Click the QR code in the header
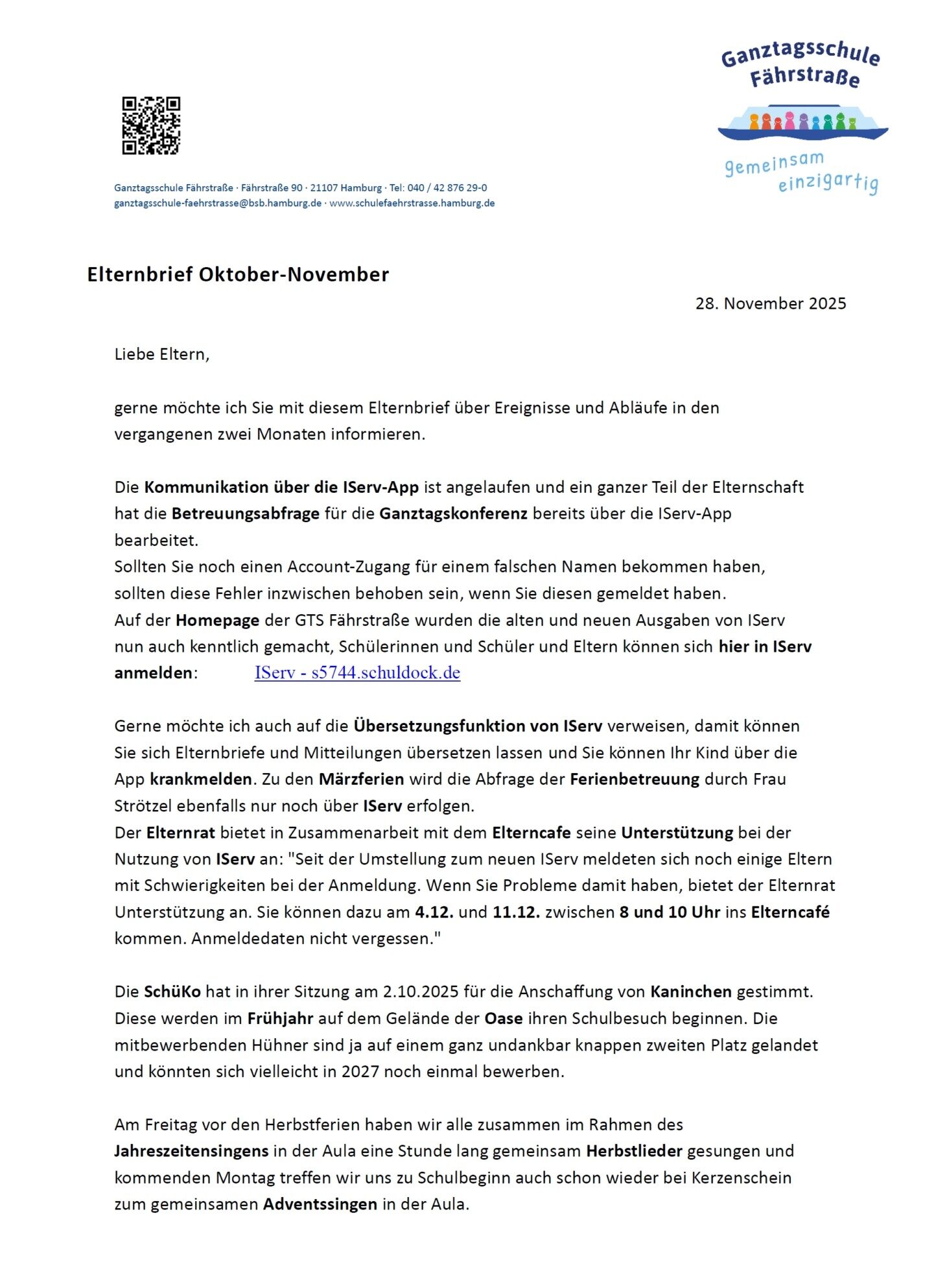click(x=151, y=126)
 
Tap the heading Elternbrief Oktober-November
click(x=238, y=274)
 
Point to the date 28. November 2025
click(x=770, y=303)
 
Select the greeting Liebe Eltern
click(x=161, y=354)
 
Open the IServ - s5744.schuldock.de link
click(x=357, y=672)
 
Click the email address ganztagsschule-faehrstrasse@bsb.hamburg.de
click(x=218, y=203)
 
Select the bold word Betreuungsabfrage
click(x=245, y=514)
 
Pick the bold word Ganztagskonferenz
click(x=453, y=514)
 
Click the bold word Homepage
click(x=217, y=620)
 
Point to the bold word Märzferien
click(x=361, y=779)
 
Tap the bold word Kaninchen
click(x=690, y=992)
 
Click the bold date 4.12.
click(x=434, y=912)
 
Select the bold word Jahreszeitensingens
click(x=191, y=1151)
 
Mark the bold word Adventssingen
click(x=320, y=1204)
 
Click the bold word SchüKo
click(x=172, y=992)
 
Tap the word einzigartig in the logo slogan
click(x=828, y=182)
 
